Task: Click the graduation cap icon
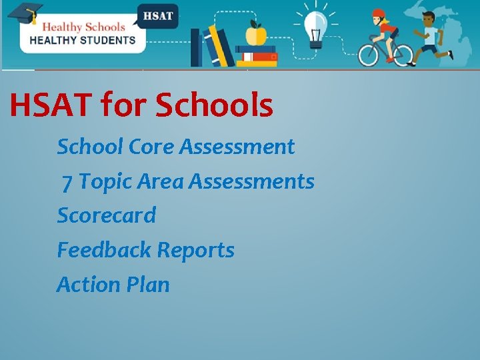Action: [24, 13]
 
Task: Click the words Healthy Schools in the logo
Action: [83, 27]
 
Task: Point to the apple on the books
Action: [256, 34]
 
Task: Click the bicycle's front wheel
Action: [399, 55]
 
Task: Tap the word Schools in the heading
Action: [214, 105]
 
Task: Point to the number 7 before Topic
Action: [67, 181]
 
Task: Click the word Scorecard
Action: [107, 215]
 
